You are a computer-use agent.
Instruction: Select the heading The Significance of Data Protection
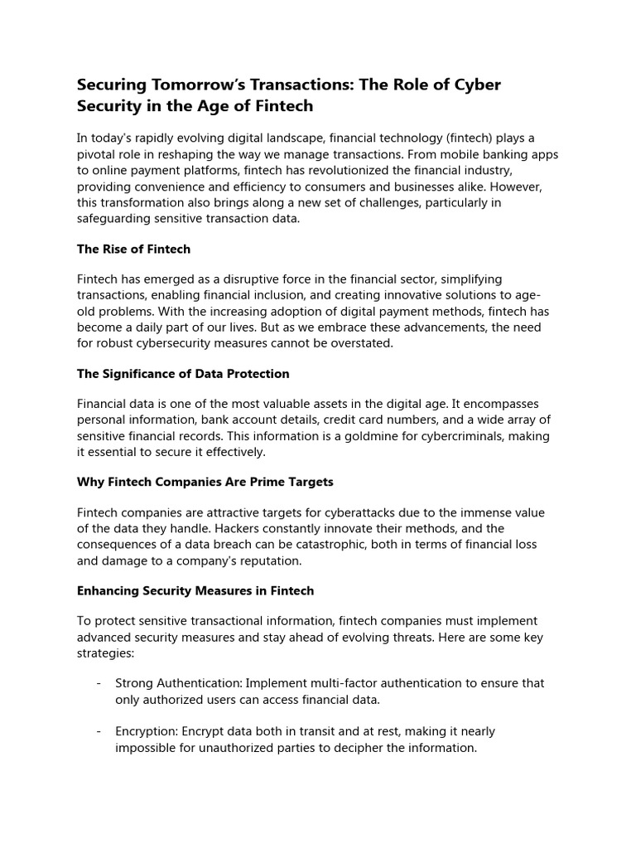[183, 373]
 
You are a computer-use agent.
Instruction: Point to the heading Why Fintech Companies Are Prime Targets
[205, 482]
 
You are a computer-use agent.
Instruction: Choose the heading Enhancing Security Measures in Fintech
[195, 590]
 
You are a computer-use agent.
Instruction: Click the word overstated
[369, 342]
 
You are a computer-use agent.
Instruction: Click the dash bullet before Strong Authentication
[99, 684]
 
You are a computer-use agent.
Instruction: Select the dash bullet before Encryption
[99, 732]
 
